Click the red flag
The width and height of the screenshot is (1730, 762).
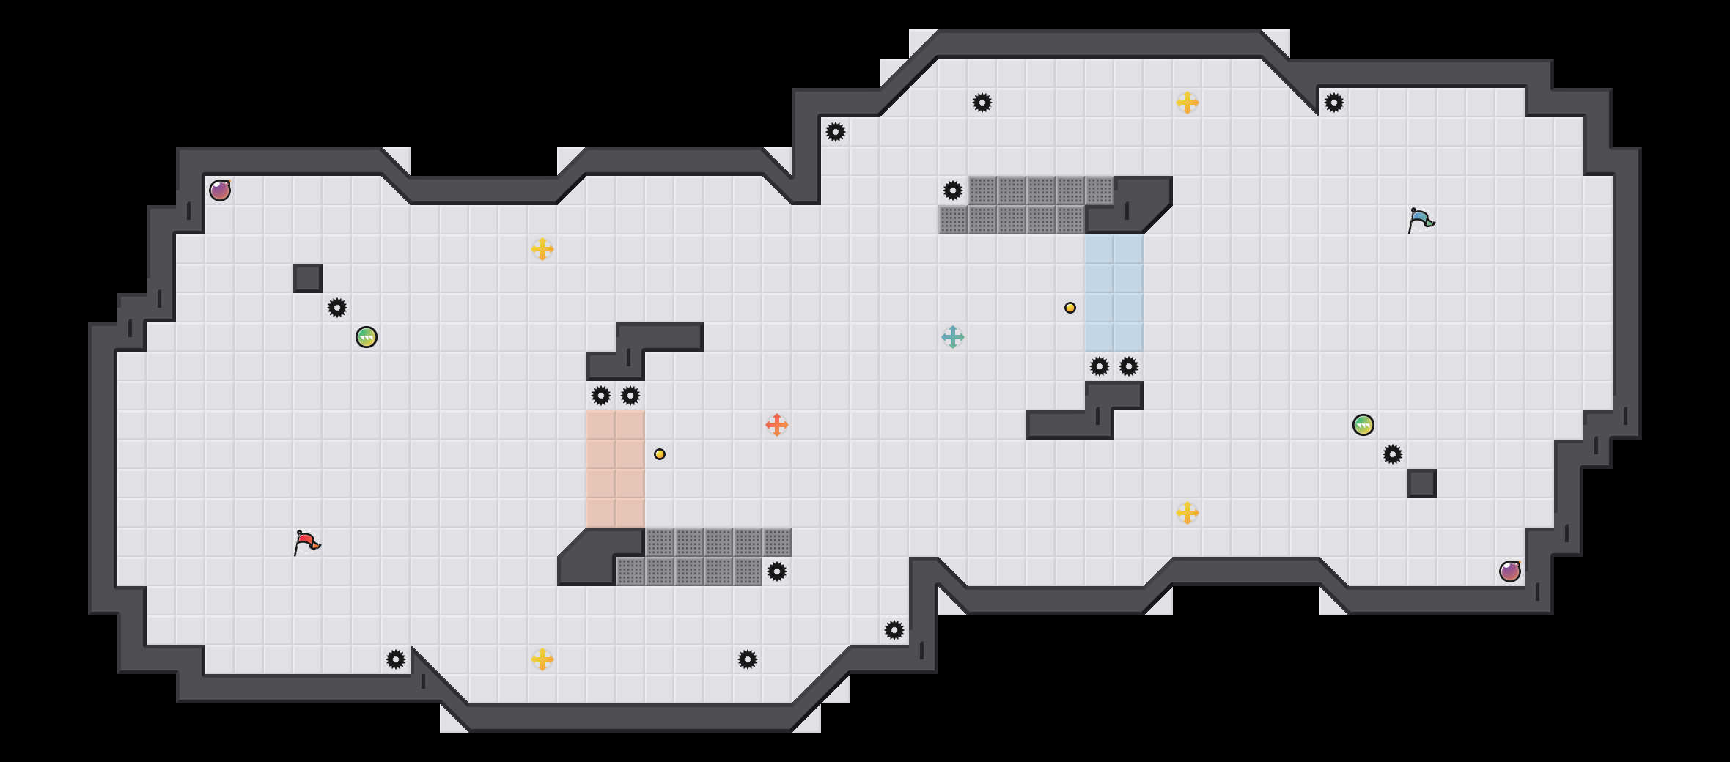click(x=306, y=542)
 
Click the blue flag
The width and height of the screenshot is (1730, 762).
click(x=1421, y=220)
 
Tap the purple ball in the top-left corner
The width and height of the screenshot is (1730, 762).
click(x=220, y=190)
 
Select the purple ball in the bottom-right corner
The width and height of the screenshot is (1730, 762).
click(x=1510, y=571)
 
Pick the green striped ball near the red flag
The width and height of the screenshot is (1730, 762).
click(x=367, y=337)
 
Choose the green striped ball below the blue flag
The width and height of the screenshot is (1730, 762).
click(x=1363, y=425)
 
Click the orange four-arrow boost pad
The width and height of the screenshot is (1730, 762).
click(x=777, y=425)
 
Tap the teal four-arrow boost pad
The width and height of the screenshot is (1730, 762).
click(x=953, y=337)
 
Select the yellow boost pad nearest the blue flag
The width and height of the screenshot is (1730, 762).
click(x=1188, y=103)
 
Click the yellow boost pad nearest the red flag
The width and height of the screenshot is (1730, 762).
click(x=542, y=659)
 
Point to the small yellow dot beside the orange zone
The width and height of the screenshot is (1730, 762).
click(x=660, y=454)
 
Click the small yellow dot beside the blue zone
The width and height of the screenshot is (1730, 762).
click(x=1070, y=308)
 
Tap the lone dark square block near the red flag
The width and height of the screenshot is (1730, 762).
click(x=308, y=278)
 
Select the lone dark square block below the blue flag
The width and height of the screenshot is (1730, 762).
click(x=1422, y=484)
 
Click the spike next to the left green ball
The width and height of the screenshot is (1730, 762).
click(x=337, y=308)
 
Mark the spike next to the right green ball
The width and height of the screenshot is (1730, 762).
click(x=1393, y=454)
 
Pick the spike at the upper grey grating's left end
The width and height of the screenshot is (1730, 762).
click(x=953, y=190)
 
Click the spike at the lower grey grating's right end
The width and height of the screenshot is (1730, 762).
click(x=777, y=571)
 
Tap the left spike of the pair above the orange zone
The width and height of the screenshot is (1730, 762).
click(x=601, y=396)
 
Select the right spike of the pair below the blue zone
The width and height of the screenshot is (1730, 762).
click(x=1129, y=366)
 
